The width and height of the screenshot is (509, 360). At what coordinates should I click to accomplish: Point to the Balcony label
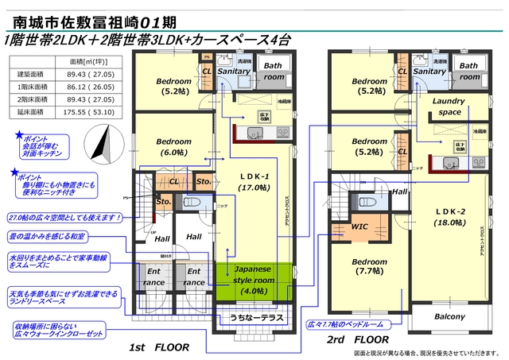click(x=449, y=317)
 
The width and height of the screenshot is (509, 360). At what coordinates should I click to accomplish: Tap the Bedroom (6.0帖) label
click(x=173, y=145)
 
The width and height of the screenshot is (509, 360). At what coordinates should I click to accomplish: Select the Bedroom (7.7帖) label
click(x=370, y=268)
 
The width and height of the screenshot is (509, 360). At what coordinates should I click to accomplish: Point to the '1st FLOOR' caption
click(x=161, y=347)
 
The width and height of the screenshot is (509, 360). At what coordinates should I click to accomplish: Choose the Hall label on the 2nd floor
click(x=399, y=192)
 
